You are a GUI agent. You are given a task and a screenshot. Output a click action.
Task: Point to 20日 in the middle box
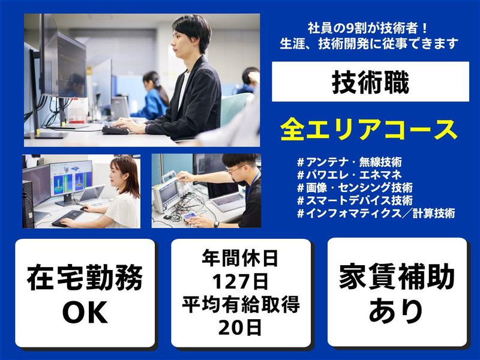tap(241, 327)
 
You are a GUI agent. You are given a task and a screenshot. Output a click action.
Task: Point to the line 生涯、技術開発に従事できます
tap(370, 43)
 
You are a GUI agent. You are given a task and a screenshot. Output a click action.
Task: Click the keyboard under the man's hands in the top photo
tap(120, 130)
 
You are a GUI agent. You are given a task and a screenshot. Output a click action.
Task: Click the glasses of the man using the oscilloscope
tap(235, 170)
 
